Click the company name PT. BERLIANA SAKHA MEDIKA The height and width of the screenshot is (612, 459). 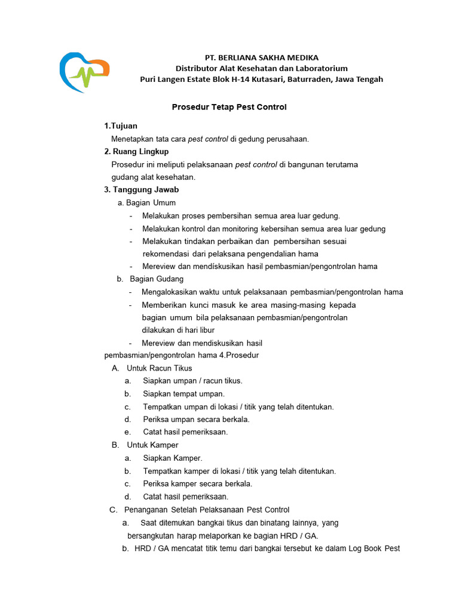261,57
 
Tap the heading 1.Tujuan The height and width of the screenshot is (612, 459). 121,126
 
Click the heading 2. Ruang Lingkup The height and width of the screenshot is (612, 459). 136,151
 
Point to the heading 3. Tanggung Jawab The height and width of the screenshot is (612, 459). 142,189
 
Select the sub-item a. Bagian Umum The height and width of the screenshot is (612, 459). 146,203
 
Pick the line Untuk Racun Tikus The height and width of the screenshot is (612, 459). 160,368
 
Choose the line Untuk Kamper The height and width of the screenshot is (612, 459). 152,445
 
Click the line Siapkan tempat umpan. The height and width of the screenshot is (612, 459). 183,394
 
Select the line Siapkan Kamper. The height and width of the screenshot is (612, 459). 173,458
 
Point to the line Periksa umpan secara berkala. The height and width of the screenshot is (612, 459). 196,419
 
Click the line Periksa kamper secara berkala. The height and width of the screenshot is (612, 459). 197,484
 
